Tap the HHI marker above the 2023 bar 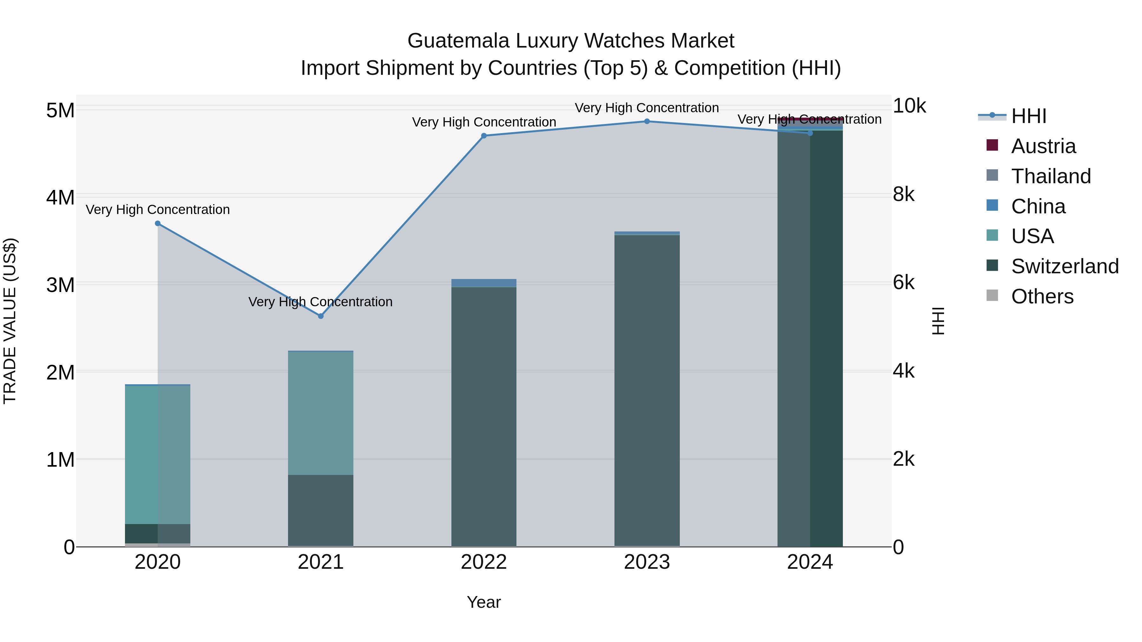pyautogui.click(x=647, y=121)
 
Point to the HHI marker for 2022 pyautogui.click(x=484, y=136)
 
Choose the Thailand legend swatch pyautogui.click(x=992, y=175)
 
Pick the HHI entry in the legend pyautogui.click(x=1028, y=116)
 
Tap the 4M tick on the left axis pyautogui.click(x=60, y=197)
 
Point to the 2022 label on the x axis pyautogui.click(x=484, y=562)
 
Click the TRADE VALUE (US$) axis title pyautogui.click(x=10, y=321)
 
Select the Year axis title pyautogui.click(x=484, y=602)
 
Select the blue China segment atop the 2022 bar pyautogui.click(x=484, y=283)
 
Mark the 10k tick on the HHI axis pyautogui.click(x=909, y=106)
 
